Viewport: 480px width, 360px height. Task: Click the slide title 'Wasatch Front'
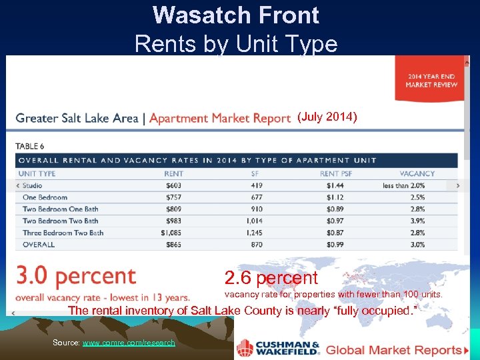coord(236,15)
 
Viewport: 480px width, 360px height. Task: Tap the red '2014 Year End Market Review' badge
coord(431,80)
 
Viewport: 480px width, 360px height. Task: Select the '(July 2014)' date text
coord(327,117)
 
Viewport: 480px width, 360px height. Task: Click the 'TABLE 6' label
coord(29,146)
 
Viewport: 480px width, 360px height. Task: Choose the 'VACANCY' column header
coord(417,173)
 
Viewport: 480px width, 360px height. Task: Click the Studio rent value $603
coord(174,185)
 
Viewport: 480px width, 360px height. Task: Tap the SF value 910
coord(256,209)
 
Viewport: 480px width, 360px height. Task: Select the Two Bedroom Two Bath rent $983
coord(173,221)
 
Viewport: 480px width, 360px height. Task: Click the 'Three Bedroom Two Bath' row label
coord(63,233)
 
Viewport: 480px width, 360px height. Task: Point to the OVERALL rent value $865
coord(173,245)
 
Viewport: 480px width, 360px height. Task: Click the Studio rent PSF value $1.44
coord(335,185)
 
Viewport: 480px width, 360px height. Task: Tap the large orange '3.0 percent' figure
coord(76,276)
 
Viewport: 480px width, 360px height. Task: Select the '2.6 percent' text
coord(271,278)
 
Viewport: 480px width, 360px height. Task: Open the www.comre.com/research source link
coord(129,343)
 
